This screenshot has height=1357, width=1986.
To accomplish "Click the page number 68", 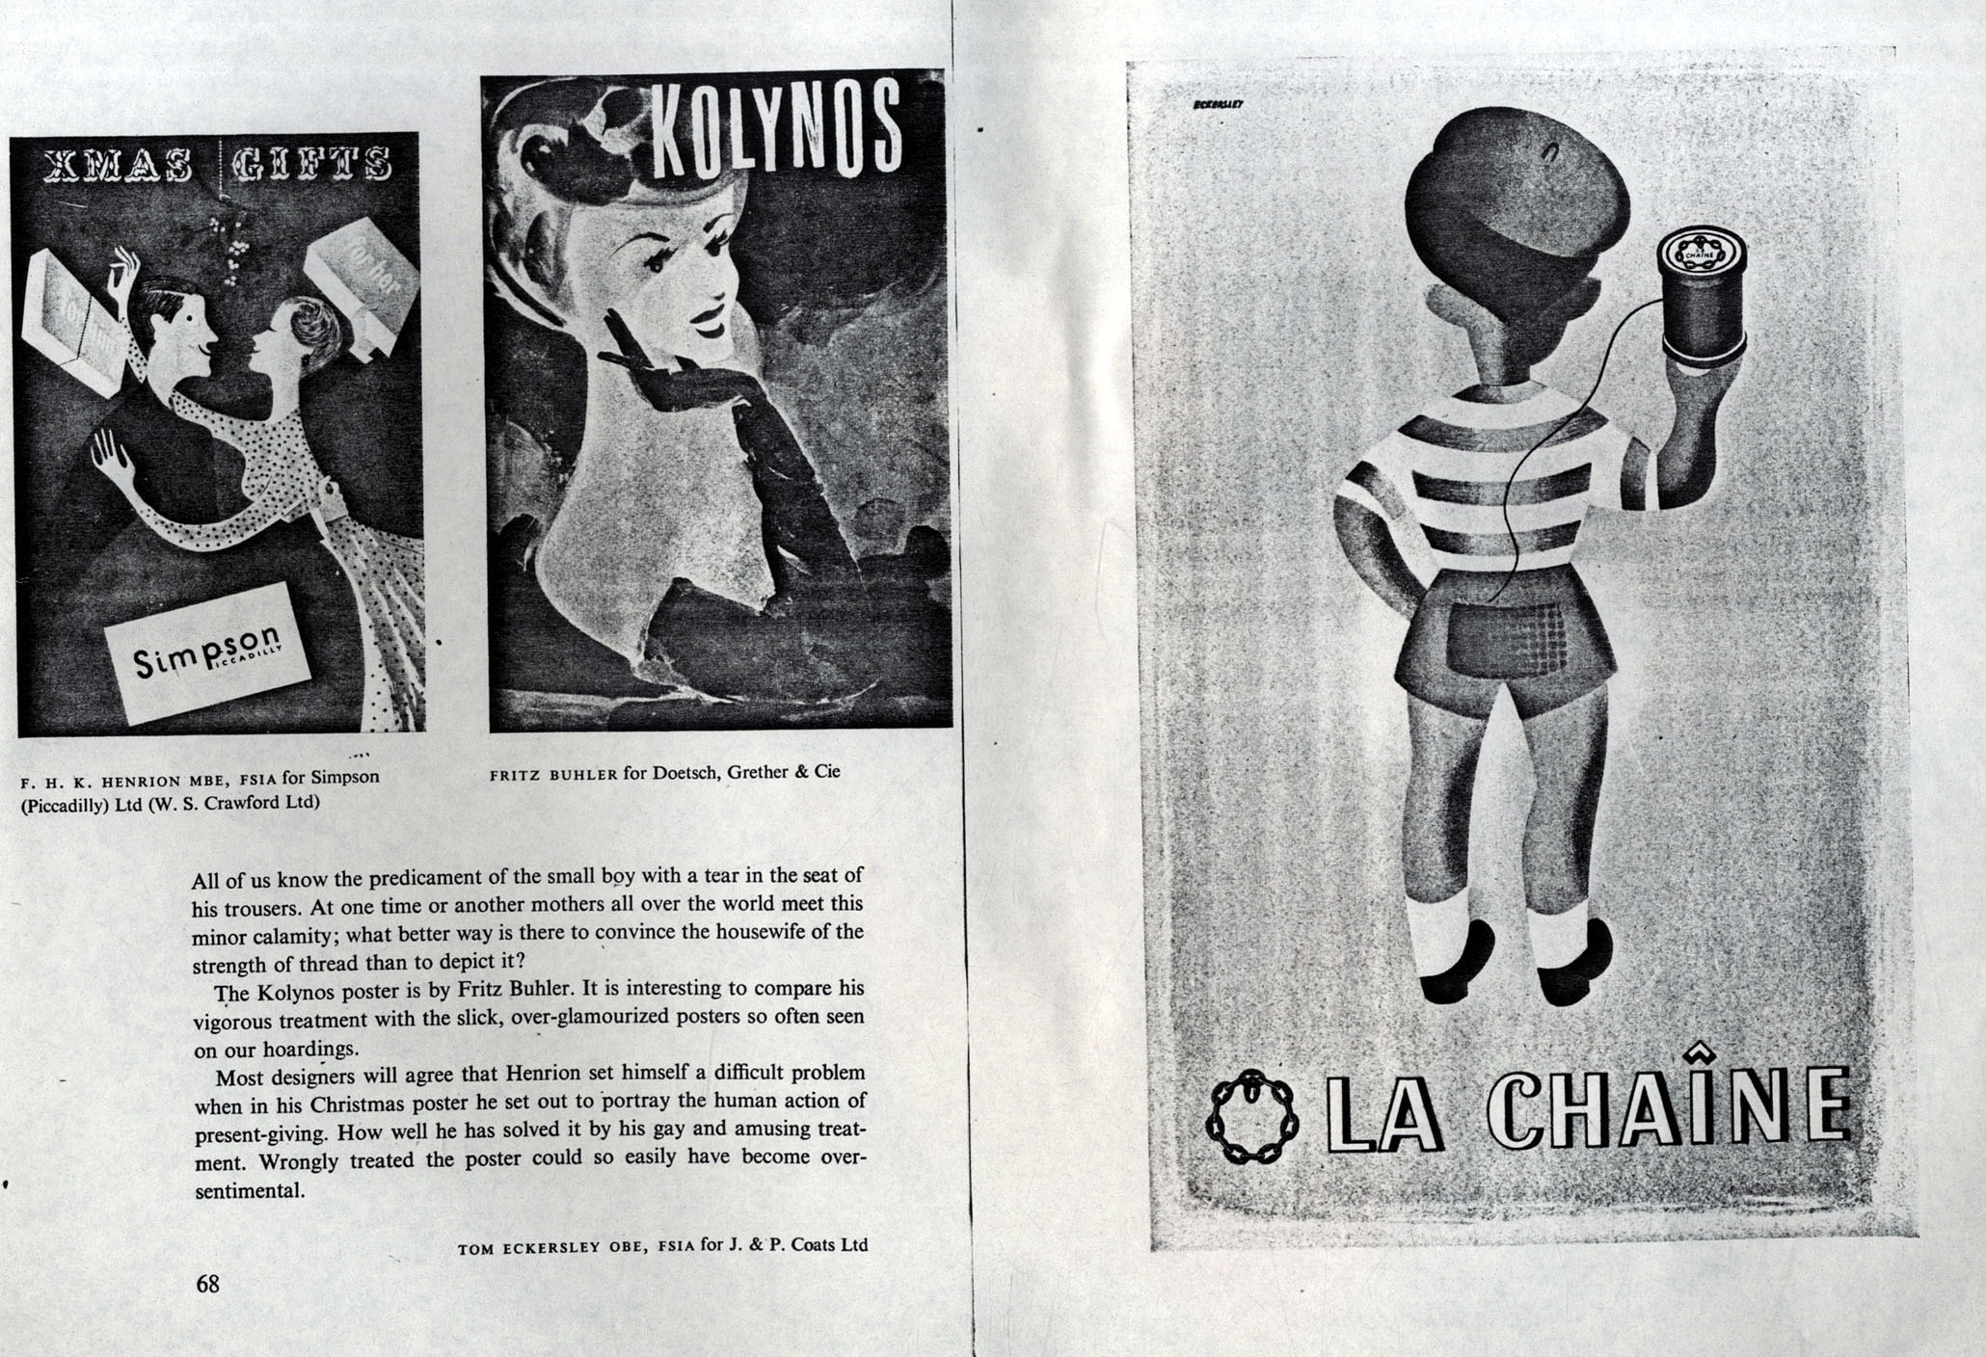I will [207, 1284].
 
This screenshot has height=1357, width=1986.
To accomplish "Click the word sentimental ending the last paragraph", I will [249, 1190].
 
